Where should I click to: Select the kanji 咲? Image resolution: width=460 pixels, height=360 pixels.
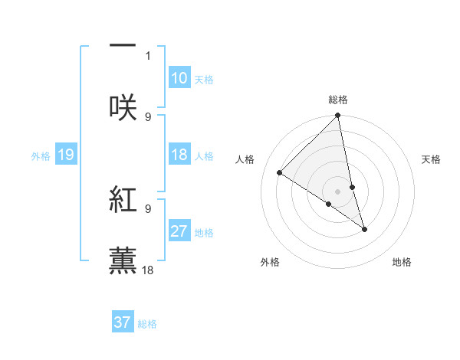pyautogui.click(x=123, y=106)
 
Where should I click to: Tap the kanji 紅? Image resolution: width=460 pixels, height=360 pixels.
pyautogui.click(x=123, y=198)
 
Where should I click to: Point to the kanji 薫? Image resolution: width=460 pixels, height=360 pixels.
pyautogui.click(x=123, y=259)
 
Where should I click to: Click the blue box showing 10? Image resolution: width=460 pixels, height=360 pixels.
pyautogui.click(x=179, y=78)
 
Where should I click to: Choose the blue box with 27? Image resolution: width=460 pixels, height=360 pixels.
pyautogui.click(x=179, y=231)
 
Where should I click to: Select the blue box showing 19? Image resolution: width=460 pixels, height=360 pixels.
pyautogui.click(x=65, y=155)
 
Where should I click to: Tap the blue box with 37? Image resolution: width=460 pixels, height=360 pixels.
pyautogui.click(x=123, y=322)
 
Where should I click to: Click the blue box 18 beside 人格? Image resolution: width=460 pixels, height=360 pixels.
pyautogui.click(x=179, y=155)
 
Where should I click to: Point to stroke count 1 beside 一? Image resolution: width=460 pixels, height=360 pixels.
pyautogui.click(x=148, y=56)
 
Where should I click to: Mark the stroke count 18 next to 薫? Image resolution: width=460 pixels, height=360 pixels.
pyautogui.click(x=149, y=270)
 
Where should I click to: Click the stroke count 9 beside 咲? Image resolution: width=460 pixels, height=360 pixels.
pyautogui.click(x=148, y=116)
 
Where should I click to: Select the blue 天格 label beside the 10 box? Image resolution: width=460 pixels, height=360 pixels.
pyautogui.click(x=204, y=80)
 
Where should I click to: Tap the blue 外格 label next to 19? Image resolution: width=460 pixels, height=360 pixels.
pyautogui.click(x=41, y=156)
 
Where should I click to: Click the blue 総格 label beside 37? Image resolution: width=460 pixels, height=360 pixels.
pyautogui.click(x=147, y=324)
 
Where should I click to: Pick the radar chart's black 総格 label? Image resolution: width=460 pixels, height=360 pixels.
pyautogui.click(x=338, y=100)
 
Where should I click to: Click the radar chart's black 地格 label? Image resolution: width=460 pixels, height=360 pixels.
pyautogui.click(x=402, y=263)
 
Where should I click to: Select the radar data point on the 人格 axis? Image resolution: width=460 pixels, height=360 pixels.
pyautogui.click(x=280, y=173)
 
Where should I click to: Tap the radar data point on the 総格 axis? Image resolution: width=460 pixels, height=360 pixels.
pyautogui.click(x=338, y=116)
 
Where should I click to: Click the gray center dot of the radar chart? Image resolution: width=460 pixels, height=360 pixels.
pyautogui.click(x=338, y=191)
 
